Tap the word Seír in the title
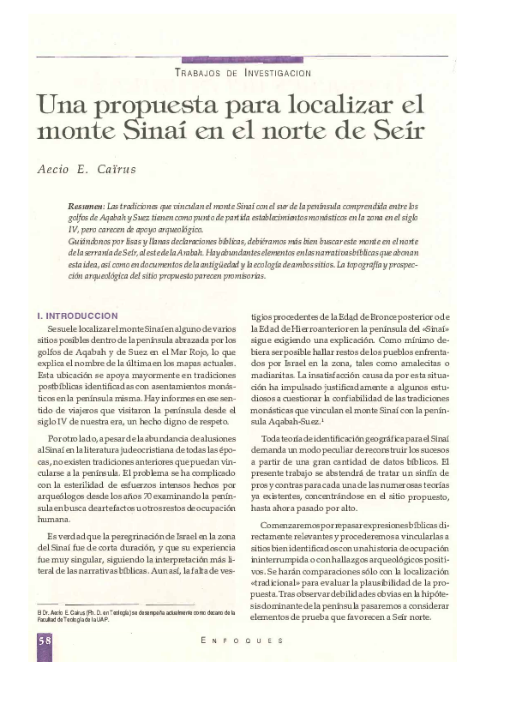[x=396, y=132]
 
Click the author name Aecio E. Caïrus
[x=87, y=169]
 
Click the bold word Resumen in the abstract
[x=86, y=207]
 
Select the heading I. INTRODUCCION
[x=72, y=316]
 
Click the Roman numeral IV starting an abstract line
[x=73, y=231]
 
